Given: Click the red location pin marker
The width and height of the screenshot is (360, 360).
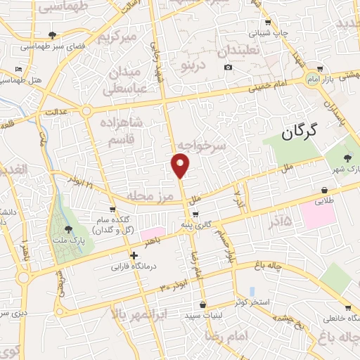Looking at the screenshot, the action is point(181,165).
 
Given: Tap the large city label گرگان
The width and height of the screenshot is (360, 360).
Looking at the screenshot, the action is point(299,130).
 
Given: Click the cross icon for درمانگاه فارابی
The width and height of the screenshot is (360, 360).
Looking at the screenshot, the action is point(134,255).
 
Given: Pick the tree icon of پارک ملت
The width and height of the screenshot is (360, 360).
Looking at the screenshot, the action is point(68,229).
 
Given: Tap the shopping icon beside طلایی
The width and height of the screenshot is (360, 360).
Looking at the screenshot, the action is point(323,189).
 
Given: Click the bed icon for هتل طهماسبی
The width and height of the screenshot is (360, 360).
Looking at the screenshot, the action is point(18,70).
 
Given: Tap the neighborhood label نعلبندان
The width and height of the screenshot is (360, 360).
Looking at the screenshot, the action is point(237,51).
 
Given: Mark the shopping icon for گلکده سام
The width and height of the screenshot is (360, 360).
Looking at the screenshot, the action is point(112,210).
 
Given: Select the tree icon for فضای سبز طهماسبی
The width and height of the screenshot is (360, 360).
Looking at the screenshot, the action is point(52,34).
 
